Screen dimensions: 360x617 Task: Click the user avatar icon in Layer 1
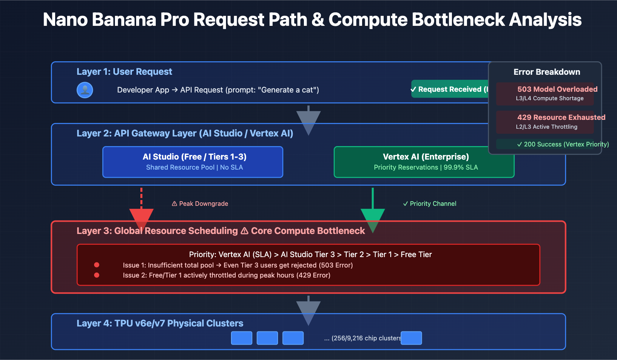point(85,90)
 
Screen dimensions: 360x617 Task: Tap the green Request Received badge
point(449,89)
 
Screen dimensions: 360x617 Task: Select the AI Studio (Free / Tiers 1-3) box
point(193,162)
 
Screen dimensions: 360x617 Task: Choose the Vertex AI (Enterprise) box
point(424,162)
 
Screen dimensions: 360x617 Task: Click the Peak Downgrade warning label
point(200,204)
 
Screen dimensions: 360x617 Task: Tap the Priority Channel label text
point(430,204)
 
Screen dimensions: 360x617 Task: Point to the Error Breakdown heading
point(547,72)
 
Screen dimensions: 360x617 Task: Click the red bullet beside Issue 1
point(97,265)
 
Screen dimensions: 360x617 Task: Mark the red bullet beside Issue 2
point(97,275)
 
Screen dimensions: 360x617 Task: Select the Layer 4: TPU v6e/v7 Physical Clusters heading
point(160,323)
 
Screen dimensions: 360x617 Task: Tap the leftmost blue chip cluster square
point(241,338)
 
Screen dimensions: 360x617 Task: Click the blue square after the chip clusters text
point(411,338)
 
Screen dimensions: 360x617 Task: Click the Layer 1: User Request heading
point(124,72)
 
